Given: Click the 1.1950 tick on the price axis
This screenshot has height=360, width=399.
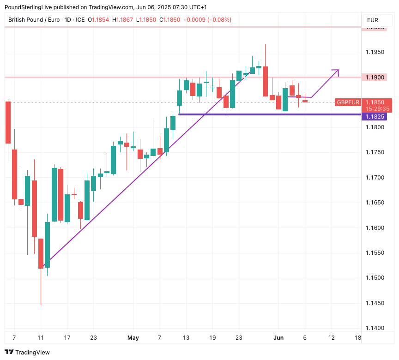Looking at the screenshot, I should (x=375, y=52).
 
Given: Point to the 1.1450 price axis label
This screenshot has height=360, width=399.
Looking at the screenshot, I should (x=375, y=303).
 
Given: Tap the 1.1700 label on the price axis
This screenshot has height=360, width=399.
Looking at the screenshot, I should (x=375, y=177).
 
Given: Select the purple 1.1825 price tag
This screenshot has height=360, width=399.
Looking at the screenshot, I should (x=375, y=116).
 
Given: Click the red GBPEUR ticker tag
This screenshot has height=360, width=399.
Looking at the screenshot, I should (x=348, y=102).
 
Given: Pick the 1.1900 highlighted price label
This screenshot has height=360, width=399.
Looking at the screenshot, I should (x=375, y=77).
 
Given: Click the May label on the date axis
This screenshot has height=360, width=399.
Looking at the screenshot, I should (x=133, y=338).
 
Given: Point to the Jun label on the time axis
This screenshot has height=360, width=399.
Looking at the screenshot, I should (x=278, y=338).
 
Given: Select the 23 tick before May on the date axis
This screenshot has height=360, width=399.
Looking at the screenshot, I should (x=93, y=338).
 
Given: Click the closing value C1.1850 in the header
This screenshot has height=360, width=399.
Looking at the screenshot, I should (x=170, y=20).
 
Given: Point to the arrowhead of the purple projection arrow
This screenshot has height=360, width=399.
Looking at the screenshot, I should (x=337, y=71).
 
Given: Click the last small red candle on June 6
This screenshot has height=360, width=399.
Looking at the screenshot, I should (x=305, y=101).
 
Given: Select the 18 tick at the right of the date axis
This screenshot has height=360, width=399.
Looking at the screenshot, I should (x=357, y=338).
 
